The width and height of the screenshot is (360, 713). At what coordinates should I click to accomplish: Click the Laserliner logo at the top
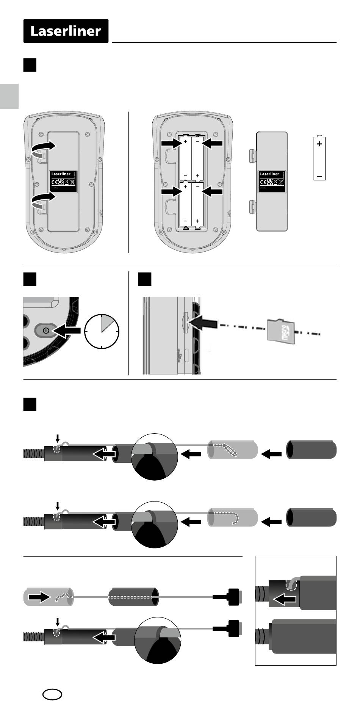(x=66, y=31)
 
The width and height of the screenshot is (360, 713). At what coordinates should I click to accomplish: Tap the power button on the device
(x=46, y=330)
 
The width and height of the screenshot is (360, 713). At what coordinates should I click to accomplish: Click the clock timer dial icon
(x=102, y=331)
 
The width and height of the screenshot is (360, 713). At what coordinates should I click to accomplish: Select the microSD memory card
(x=281, y=331)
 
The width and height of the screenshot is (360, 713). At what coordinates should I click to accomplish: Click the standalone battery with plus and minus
(x=320, y=158)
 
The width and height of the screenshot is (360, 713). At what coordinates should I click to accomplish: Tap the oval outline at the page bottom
(x=52, y=694)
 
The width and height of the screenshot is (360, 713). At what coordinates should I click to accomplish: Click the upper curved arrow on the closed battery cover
(x=43, y=149)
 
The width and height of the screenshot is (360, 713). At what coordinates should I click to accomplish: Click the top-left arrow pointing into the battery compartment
(x=171, y=143)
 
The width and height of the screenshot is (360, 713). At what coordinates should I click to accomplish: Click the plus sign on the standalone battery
(x=320, y=144)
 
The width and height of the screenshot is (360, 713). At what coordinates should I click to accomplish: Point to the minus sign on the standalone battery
(x=320, y=176)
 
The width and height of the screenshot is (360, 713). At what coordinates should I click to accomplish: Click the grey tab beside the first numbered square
(x=9, y=96)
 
